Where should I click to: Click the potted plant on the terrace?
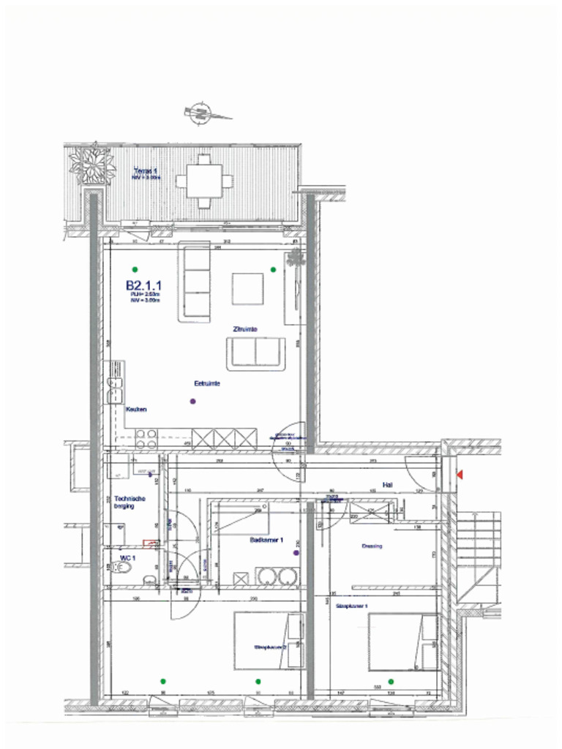click(92, 165)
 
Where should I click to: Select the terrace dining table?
click(204, 180)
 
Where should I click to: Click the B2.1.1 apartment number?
click(143, 285)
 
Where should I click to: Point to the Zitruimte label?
click(244, 329)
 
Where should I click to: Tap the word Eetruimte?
click(207, 383)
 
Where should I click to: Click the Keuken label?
click(136, 410)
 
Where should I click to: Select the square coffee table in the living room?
click(247, 288)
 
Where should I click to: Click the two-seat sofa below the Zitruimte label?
click(255, 354)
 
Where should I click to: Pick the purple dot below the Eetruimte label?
click(192, 401)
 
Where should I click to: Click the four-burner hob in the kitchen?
click(146, 438)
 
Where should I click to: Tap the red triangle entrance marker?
click(459, 475)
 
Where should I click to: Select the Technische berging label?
click(130, 503)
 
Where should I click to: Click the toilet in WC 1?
click(121, 578)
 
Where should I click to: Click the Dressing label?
click(372, 546)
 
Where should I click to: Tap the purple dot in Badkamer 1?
click(296, 553)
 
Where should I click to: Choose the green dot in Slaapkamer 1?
click(391, 681)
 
